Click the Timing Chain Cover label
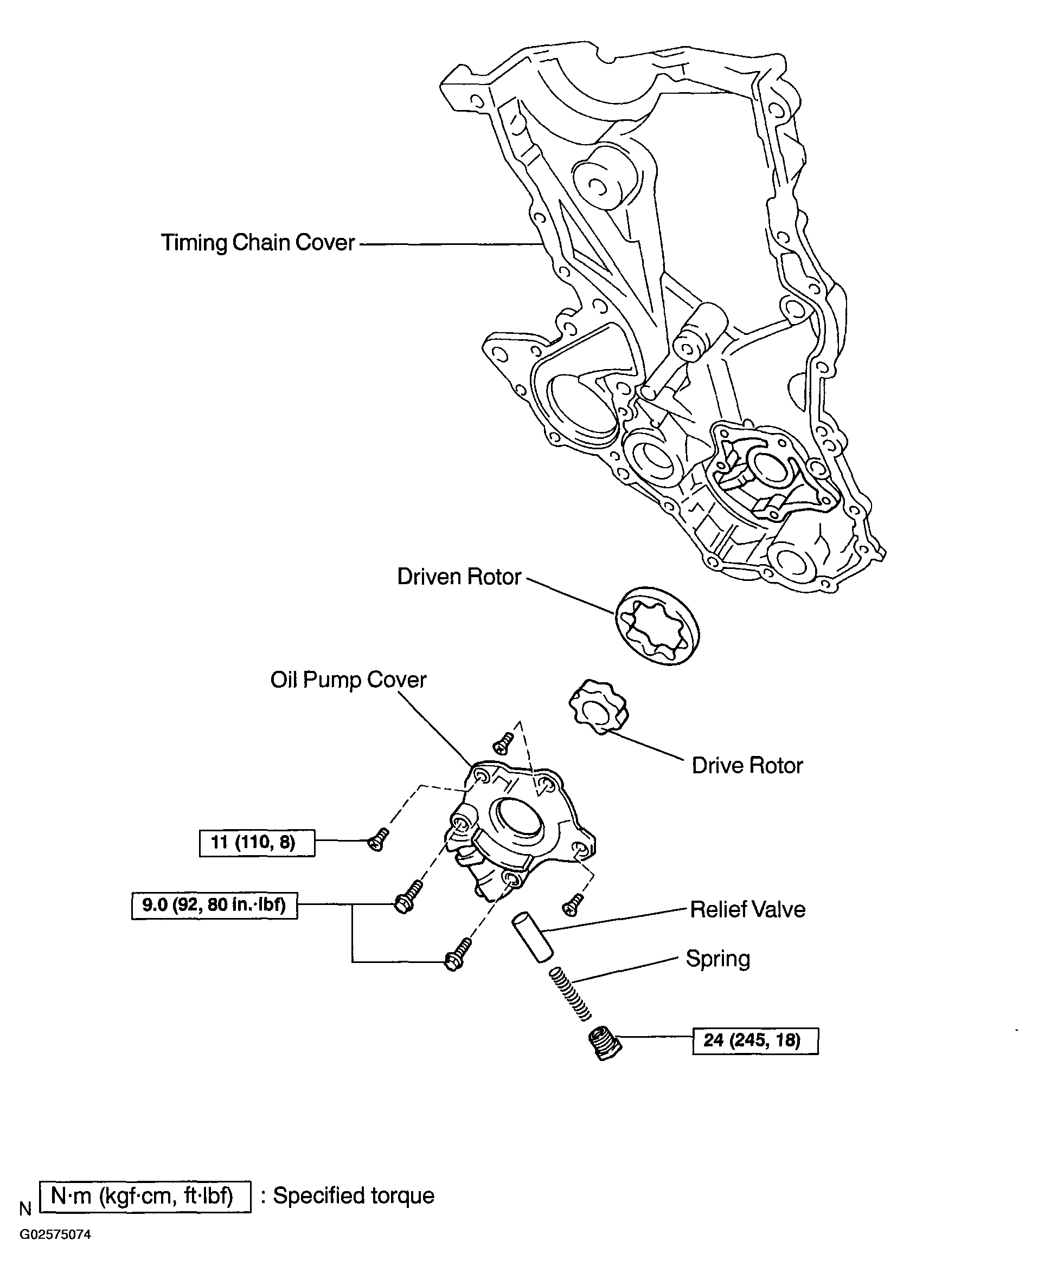click(x=258, y=243)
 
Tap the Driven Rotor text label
click(x=459, y=577)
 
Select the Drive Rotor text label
click(x=747, y=766)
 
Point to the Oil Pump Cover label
click(x=348, y=680)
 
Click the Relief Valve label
click(x=747, y=909)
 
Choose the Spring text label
click(x=717, y=959)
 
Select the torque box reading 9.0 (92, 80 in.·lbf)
click(x=214, y=906)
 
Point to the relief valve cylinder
click(x=532, y=936)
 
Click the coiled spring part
click(x=570, y=993)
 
